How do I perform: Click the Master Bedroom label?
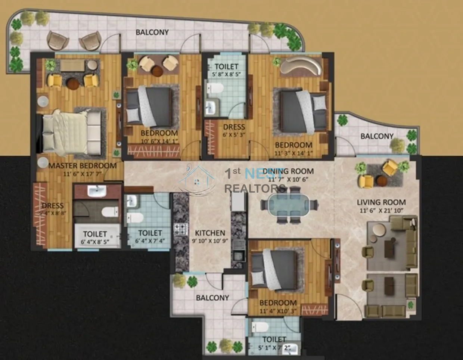coord(83,166)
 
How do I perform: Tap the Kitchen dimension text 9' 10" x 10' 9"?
coord(210,241)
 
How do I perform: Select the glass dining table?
coord(289,204)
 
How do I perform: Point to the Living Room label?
coord(381,202)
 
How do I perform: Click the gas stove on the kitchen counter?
coord(181,229)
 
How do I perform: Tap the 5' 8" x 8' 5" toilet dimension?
coord(226,74)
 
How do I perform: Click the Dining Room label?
coord(288,171)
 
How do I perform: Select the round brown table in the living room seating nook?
coord(382,181)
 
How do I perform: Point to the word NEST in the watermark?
coord(264,173)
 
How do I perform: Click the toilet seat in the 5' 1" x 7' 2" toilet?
coord(260,327)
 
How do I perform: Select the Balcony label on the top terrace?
coord(152,32)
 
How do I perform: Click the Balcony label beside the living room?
coord(377,136)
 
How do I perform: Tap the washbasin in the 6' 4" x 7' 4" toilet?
coord(132,201)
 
